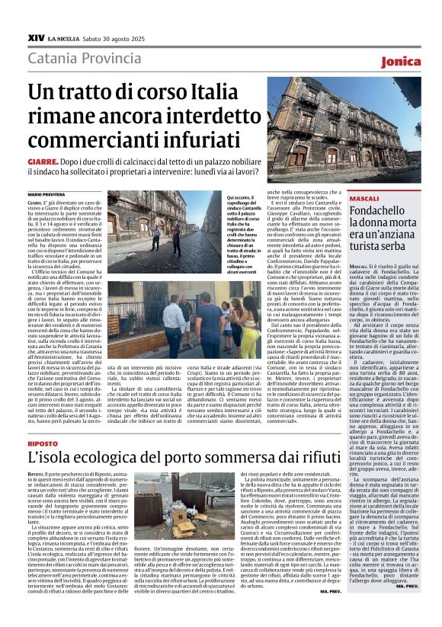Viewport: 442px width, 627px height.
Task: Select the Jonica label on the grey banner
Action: point(401,61)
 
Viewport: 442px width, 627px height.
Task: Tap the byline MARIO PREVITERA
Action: point(47,195)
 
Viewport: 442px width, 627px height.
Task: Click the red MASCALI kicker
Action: point(364,197)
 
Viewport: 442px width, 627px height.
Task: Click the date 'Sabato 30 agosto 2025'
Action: point(114,37)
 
